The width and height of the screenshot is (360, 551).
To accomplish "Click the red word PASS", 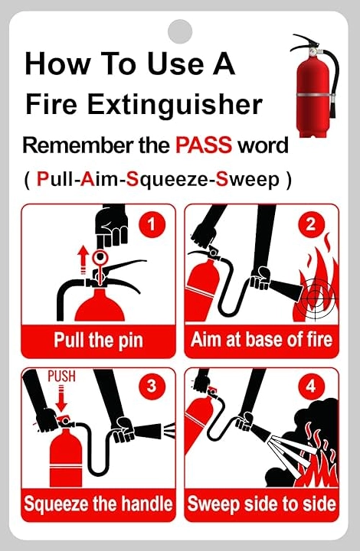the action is click(x=204, y=145).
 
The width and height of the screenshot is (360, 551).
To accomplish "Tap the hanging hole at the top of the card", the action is click(x=180, y=31).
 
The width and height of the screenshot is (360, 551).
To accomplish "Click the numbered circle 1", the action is click(x=152, y=223).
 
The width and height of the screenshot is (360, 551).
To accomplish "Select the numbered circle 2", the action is click(x=311, y=223).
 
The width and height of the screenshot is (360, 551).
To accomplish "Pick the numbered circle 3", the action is click(x=152, y=386).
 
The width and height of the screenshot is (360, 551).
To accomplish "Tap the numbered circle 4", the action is click(x=311, y=386).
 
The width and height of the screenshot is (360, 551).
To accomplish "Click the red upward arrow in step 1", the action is click(x=83, y=259).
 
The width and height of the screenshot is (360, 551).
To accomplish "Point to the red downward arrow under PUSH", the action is click(x=61, y=398).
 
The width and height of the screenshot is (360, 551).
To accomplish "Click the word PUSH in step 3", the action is click(x=61, y=376).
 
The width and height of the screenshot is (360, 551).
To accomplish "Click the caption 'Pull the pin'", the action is click(x=99, y=340).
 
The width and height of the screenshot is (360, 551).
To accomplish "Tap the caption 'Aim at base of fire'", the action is click(x=261, y=340).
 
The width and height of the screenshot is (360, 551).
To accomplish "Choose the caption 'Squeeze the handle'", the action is click(x=99, y=504).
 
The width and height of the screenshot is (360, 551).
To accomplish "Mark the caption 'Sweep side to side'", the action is click(x=261, y=504).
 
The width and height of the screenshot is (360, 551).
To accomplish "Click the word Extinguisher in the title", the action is click(x=175, y=104).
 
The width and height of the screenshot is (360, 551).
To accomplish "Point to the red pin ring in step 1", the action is click(x=100, y=256).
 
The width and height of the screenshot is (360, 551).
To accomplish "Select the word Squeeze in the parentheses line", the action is click(x=167, y=180).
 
